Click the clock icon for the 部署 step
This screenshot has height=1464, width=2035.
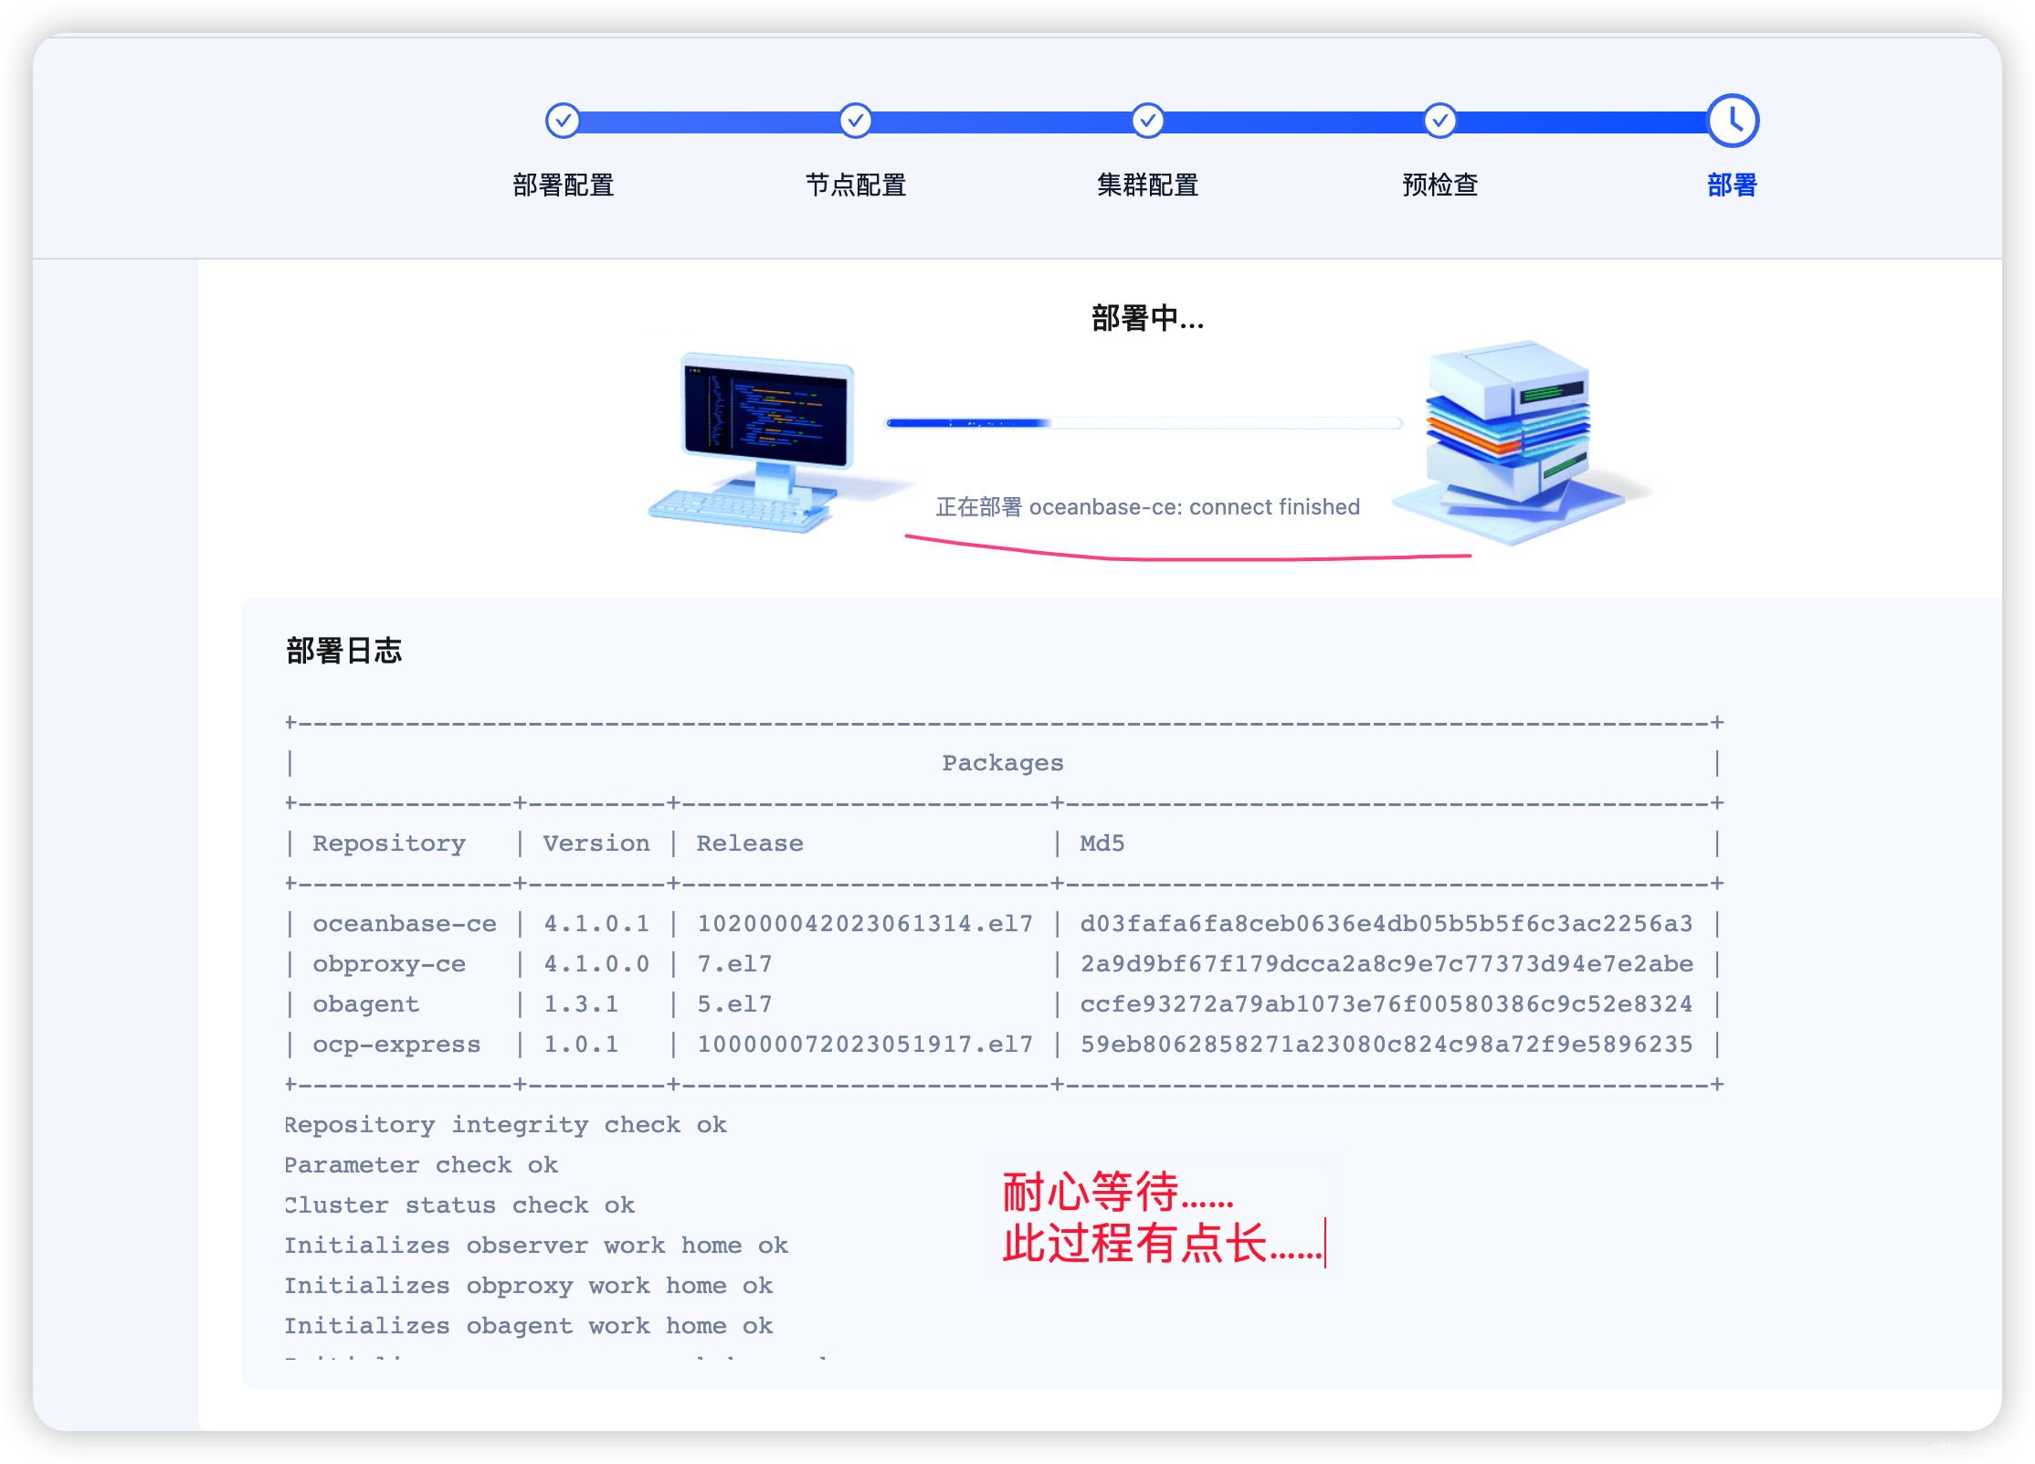click(x=1732, y=121)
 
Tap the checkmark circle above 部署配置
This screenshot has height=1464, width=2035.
click(x=563, y=121)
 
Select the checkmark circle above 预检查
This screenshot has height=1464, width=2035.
click(x=1439, y=121)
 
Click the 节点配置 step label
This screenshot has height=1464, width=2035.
click(x=855, y=186)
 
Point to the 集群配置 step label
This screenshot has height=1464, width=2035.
click(x=1147, y=186)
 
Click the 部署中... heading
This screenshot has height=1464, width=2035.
click(x=1147, y=319)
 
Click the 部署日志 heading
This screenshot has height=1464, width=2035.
click(x=343, y=651)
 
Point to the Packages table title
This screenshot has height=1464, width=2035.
click(x=1002, y=763)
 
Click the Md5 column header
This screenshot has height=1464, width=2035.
click(x=1102, y=843)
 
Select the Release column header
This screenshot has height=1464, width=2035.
click(x=749, y=843)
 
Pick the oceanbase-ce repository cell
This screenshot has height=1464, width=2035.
click(x=404, y=924)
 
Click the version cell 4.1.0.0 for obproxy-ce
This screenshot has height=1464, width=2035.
click(x=596, y=964)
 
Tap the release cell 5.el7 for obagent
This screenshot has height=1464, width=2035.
click(x=734, y=1004)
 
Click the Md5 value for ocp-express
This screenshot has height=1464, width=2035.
click(x=1386, y=1045)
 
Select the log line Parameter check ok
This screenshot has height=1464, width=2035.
click(x=420, y=1165)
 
